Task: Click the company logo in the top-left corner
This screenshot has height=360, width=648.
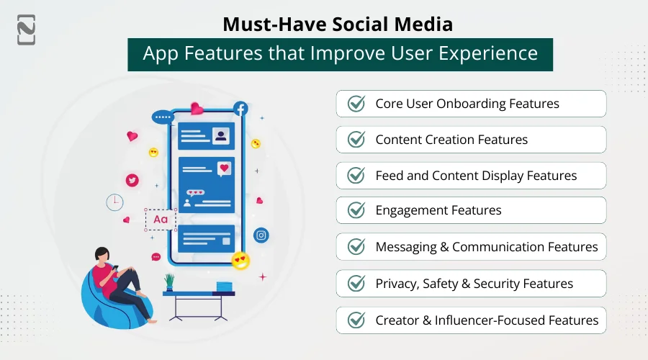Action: point(27,29)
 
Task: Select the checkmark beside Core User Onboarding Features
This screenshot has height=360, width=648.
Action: point(356,104)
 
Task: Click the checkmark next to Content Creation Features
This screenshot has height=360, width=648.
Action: point(356,140)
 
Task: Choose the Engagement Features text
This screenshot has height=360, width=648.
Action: point(438,210)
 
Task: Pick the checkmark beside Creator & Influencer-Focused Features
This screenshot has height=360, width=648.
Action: point(356,320)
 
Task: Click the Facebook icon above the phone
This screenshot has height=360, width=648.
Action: point(240,109)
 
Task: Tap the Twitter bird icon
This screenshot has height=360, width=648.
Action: point(132,181)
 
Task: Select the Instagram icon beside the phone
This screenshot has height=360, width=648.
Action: point(261,235)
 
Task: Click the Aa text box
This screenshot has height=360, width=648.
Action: point(161,220)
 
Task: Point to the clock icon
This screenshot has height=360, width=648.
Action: point(114,202)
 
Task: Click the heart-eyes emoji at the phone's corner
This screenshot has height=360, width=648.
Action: point(240,261)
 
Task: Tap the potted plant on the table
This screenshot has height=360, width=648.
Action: point(170,282)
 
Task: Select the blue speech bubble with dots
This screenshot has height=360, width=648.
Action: point(163,117)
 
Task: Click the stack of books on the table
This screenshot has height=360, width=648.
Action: point(225,287)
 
